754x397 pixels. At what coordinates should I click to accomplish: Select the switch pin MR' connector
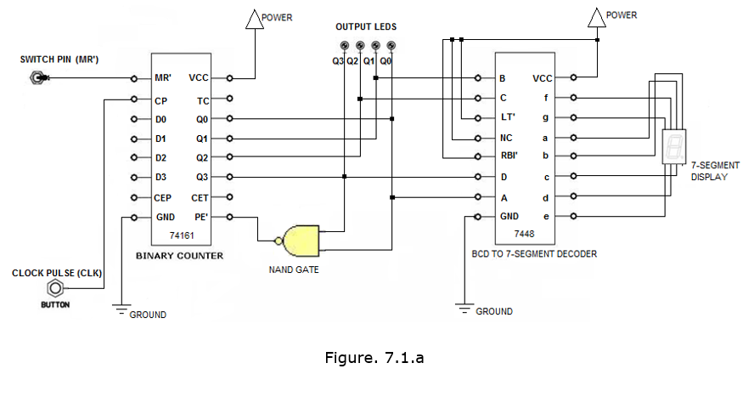[x=37, y=78]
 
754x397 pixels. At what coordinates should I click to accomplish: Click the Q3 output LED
[x=344, y=46]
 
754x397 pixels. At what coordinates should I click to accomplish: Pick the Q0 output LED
[x=391, y=46]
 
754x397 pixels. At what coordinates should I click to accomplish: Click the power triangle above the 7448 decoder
[x=597, y=18]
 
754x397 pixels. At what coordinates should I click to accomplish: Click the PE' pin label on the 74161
[x=200, y=217]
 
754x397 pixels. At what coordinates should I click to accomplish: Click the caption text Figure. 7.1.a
[x=374, y=357]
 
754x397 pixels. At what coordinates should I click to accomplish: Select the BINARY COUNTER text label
[x=179, y=255]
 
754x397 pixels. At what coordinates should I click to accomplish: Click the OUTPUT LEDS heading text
[x=366, y=26]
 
